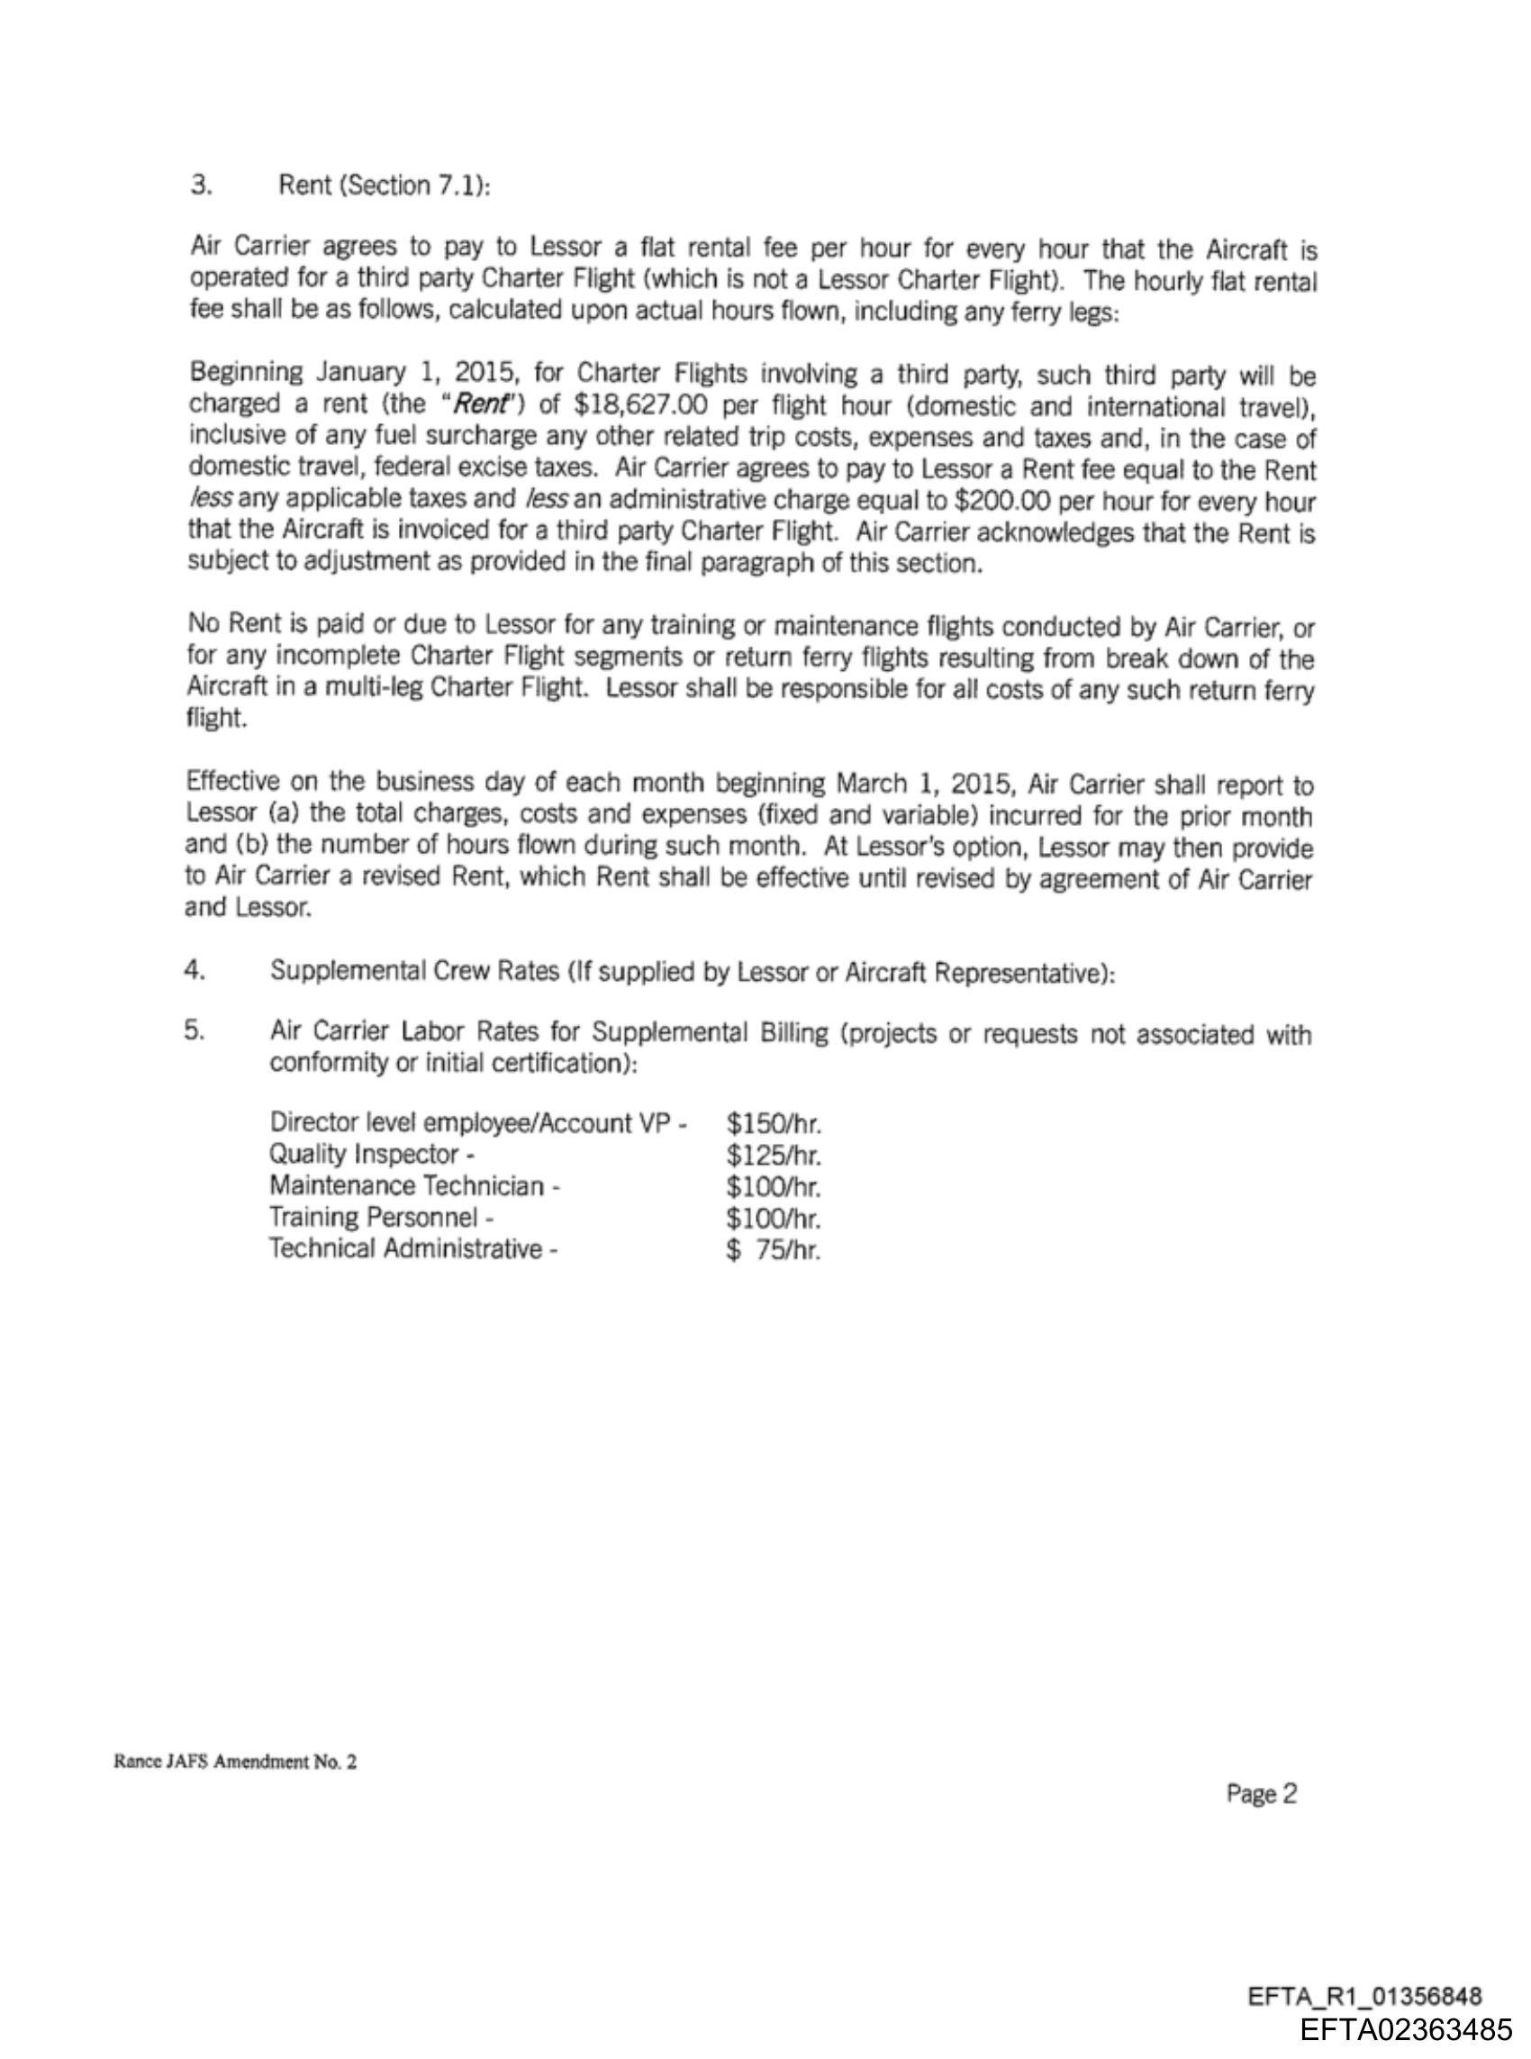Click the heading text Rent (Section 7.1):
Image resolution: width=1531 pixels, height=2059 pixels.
point(384,186)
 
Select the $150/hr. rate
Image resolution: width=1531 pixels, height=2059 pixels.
point(774,1124)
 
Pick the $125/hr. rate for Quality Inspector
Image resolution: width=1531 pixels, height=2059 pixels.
point(774,1156)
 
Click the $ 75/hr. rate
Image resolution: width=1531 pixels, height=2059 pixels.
point(774,1251)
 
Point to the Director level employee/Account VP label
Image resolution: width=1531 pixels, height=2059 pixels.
point(477,1123)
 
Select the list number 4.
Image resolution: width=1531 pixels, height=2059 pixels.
point(194,970)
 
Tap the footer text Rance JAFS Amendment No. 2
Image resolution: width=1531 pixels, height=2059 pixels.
point(234,1763)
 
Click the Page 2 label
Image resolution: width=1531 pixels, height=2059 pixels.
point(1262,1794)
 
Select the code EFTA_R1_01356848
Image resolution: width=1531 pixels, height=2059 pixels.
point(1364,1996)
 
